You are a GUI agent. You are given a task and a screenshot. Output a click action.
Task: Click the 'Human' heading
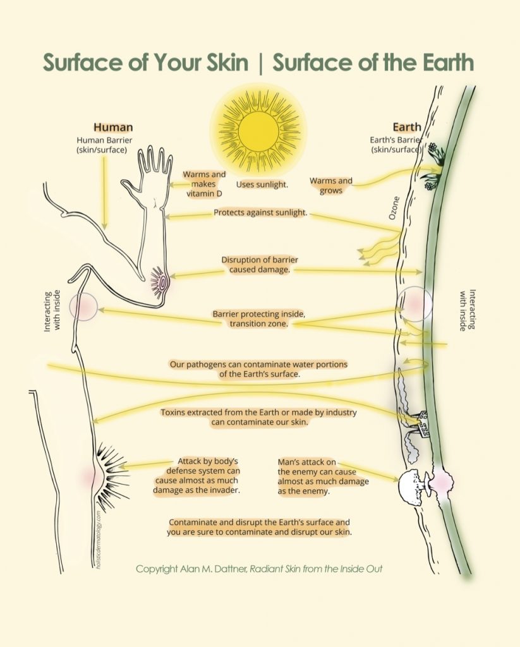(113, 127)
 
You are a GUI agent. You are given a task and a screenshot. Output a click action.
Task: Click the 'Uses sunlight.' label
(262, 184)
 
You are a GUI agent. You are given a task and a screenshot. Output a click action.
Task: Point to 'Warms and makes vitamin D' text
(204, 184)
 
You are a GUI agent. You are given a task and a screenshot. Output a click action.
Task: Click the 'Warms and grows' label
(330, 186)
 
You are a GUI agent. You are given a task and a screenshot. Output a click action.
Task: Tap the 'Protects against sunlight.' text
(260, 213)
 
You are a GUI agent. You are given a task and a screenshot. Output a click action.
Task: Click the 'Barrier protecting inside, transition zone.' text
(259, 318)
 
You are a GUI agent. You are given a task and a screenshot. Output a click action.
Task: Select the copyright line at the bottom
(259, 569)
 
